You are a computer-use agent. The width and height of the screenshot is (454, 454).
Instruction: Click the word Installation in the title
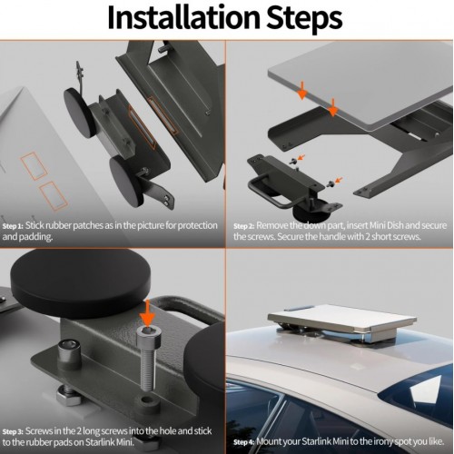pos(183,17)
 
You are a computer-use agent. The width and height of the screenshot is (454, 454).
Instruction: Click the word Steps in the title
pos(304,19)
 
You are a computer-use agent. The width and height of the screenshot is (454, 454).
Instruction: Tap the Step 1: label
pos(13,226)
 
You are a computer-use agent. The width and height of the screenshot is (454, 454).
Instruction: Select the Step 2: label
pos(244,226)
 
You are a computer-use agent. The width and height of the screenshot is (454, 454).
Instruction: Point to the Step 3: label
pos(13,431)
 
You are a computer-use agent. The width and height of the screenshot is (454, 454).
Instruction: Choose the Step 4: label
pos(244,442)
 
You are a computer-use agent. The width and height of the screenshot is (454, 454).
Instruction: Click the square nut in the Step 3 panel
pos(68,395)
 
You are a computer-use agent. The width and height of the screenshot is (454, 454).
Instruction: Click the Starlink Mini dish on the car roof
pos(342,321)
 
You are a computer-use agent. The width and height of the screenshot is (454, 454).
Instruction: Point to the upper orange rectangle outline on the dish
pos(34,166)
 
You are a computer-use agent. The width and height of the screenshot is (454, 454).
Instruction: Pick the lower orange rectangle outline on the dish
pos(54,196)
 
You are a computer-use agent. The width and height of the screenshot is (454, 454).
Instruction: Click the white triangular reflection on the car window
pos(423,391)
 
